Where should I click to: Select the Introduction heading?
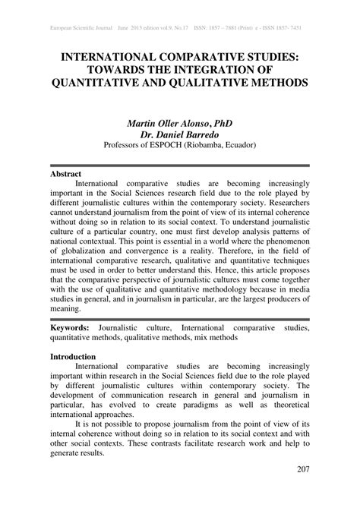click(x=73, y=355)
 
